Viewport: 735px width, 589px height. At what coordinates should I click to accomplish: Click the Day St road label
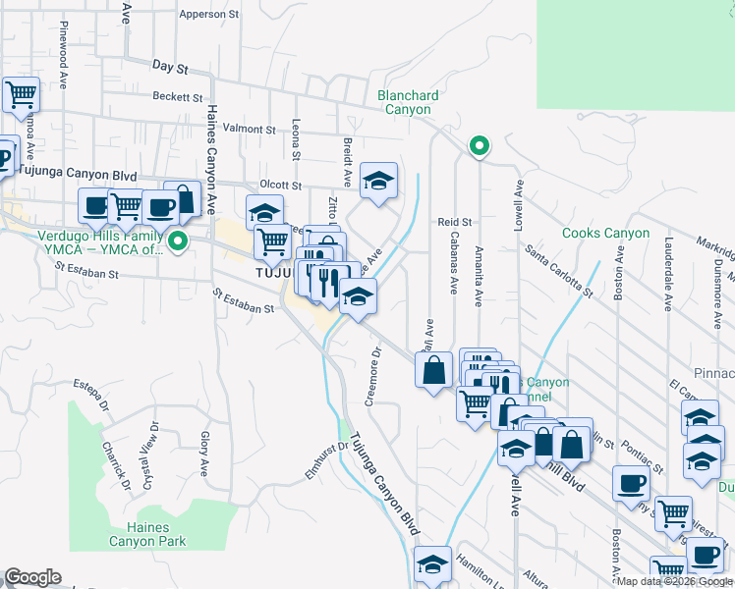[x=170, y=65]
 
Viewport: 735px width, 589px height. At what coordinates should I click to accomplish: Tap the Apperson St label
[x=209, y=15]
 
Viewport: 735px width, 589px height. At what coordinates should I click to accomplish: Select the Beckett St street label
[x=177, y=96]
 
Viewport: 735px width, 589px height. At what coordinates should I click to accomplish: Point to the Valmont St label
[x=250, y=129]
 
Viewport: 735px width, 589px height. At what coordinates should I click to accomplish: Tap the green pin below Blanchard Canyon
[x=479, y=146]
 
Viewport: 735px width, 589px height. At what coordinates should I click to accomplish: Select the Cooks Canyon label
[x=605, y=234]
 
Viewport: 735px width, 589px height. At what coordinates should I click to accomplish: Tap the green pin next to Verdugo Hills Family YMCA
[x=178, y=241]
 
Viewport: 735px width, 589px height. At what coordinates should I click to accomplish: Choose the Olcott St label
[x=279, y=184]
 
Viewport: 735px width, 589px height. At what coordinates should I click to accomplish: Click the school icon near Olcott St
[x=377, y=181]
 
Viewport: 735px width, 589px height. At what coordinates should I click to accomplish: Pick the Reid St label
[x=455, y=223]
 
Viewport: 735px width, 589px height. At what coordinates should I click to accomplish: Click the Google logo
[x=32, y=577]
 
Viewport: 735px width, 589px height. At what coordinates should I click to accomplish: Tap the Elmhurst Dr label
[x=328, y=457]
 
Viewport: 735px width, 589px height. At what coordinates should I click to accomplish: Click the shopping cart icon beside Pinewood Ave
[x=20, y=95]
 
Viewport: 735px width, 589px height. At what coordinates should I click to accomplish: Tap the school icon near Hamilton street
[x=432, y=564]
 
